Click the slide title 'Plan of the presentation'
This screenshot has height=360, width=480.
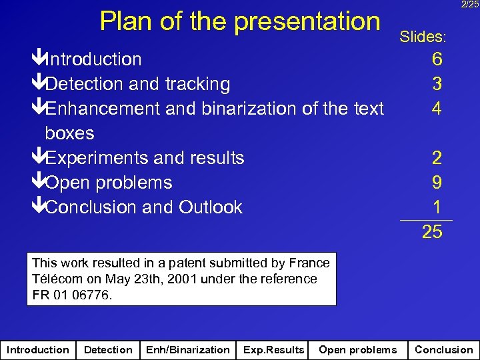click(x=239, y=21)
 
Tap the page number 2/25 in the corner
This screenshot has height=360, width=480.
click(x=469, y=5)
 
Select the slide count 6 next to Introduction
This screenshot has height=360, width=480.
click(x=436, y=59)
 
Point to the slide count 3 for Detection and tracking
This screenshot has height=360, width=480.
click(x=436, y=84)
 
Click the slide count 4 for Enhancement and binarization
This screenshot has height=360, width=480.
click(x=436, y=108)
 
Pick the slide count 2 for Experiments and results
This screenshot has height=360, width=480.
click(x=436, y=158)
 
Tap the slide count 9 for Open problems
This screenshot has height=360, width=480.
click(x=436, y=183)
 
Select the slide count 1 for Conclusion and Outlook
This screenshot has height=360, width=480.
click(x=436, y=207)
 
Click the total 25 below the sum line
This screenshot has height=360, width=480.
click(x=431, y=232)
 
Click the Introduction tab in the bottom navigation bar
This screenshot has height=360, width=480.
click(x=37, y=349)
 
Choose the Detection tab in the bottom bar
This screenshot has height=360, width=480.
click(x=108, y=349)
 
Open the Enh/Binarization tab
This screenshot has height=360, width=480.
click(x=187, y=349)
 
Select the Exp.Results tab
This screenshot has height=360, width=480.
click(x=273, y=349)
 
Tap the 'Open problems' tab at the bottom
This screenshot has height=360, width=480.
click(x=357, y=349)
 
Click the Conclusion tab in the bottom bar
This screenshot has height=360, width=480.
click(x=443, y=349)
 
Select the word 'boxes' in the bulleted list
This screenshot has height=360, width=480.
click(x=69, y=133)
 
